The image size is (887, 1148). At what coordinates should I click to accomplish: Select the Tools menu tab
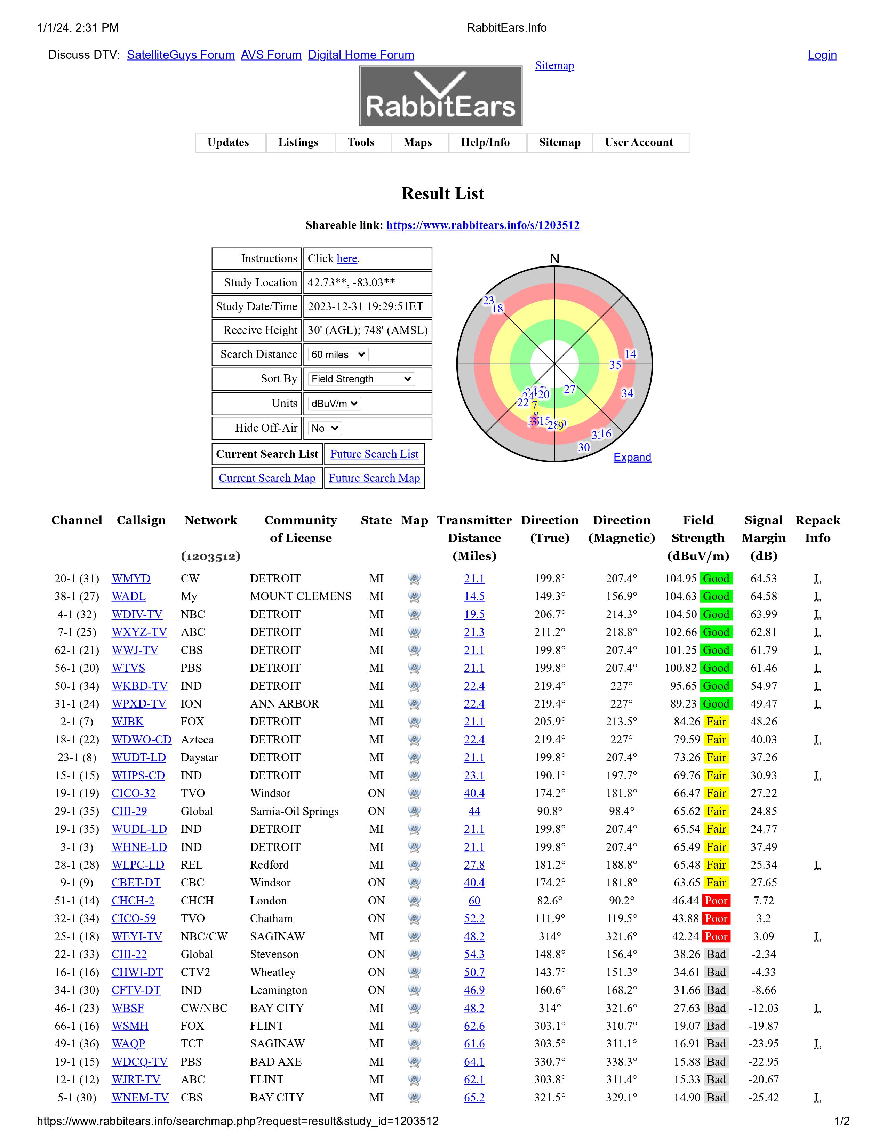tap(361, 142)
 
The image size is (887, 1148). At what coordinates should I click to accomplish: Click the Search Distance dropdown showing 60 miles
tap(338, 354)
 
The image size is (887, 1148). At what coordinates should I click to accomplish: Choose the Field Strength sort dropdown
tap(361, 379)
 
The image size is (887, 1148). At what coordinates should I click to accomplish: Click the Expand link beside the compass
tap(632, 457)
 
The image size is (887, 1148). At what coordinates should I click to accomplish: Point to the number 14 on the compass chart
tap(630, 354)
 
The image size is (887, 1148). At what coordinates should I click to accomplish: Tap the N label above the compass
tap(554, 258)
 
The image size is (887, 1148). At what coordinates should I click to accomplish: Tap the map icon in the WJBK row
tap(414, 722)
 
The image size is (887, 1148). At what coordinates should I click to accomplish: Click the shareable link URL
tap(482, 225)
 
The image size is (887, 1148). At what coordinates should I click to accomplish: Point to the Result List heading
tap(442, 193)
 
